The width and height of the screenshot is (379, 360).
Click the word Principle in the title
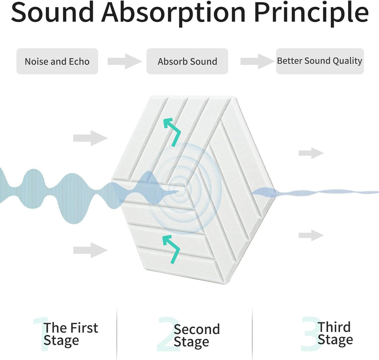[311, 13]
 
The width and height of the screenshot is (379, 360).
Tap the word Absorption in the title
[173, 13]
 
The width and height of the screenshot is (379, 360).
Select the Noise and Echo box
[57, 61]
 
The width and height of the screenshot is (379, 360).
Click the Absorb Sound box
[187, 61]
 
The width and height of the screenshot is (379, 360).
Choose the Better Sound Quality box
[319, 61]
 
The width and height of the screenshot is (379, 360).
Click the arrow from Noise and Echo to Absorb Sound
[124, 61]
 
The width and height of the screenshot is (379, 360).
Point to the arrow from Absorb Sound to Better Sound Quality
[257, 61]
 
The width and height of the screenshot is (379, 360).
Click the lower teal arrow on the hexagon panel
[172, 248]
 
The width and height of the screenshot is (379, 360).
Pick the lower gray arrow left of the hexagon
[90, 250]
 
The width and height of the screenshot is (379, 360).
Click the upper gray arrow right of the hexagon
[311, 153]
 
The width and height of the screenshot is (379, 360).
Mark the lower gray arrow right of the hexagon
[311, 235]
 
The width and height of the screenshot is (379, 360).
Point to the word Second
[197, 329]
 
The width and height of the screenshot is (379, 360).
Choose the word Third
[334, 327]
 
